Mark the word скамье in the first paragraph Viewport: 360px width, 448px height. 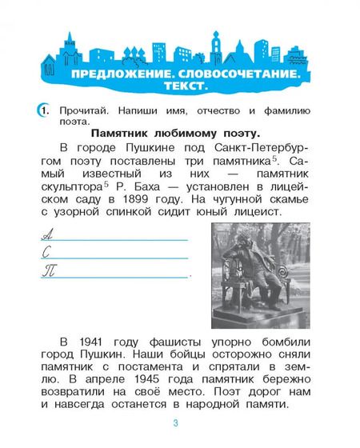(x=298, y=197)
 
